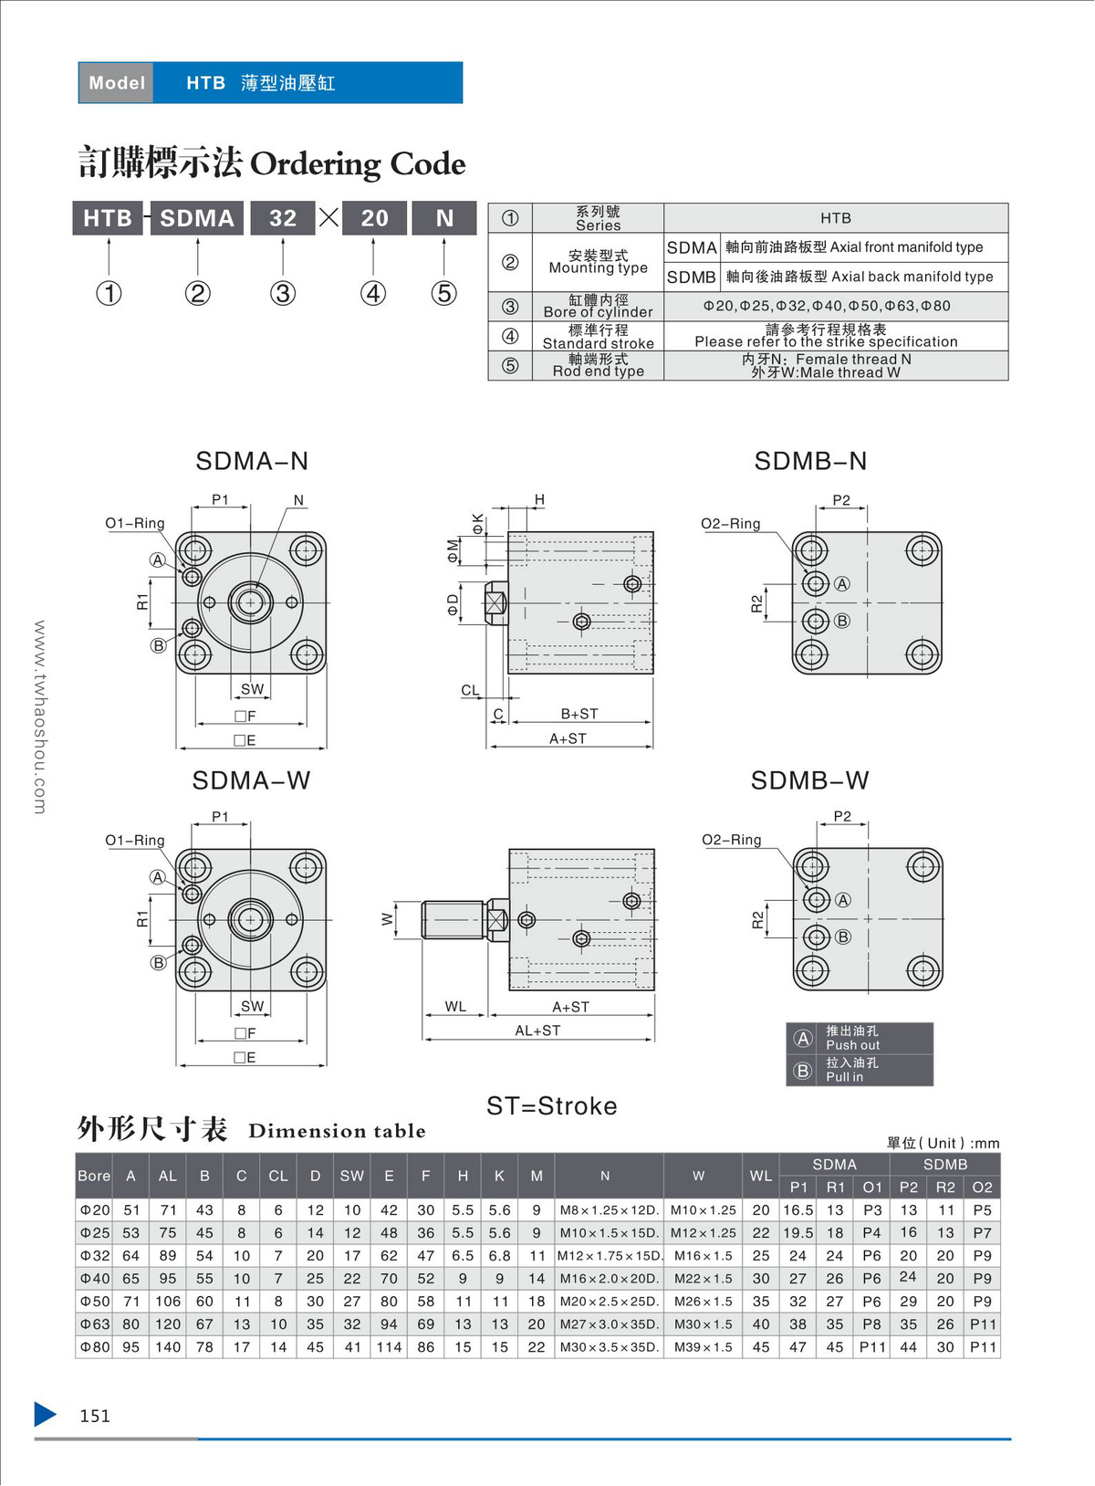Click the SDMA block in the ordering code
tap(197, 218)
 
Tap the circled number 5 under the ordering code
tap(443, 293)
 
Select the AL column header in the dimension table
tap(168, 1177)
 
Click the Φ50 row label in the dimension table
tap(94, 1302)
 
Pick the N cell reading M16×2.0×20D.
tap(609, 1279)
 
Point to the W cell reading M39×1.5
tap(703, 1347)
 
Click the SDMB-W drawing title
tap(809, 780)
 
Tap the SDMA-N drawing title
tap(252, 461)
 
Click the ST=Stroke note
tap(552, 1106)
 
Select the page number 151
tap(95, 1416)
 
